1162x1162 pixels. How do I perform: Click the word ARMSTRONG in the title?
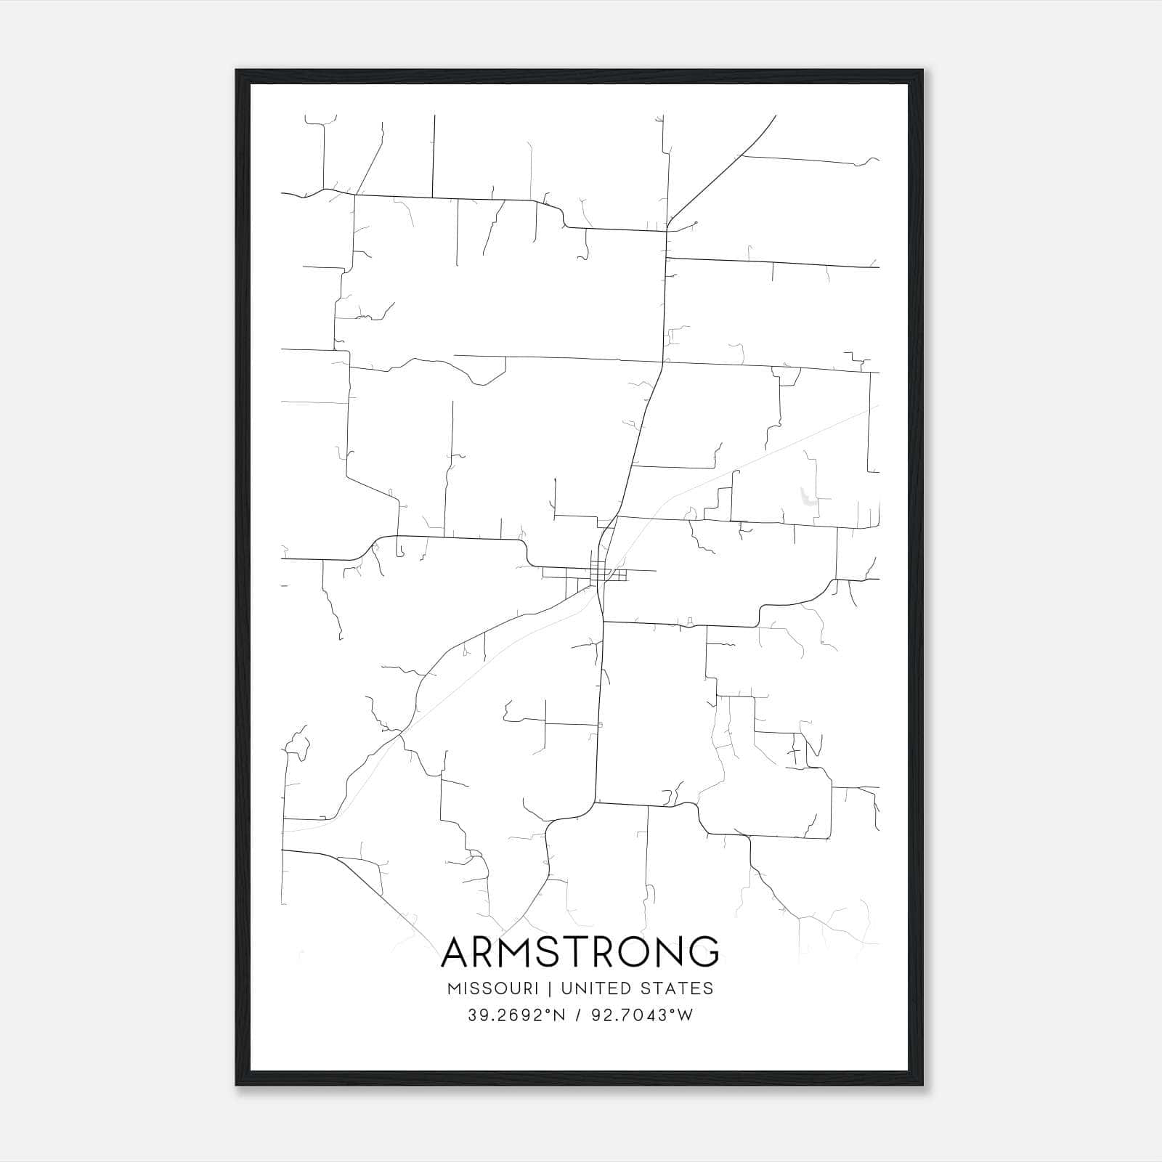pos(580,951)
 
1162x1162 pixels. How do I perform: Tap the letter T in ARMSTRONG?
pos(588,951)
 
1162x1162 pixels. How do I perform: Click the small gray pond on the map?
pos(805,497)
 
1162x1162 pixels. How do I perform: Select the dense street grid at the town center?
pos(599,573)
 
